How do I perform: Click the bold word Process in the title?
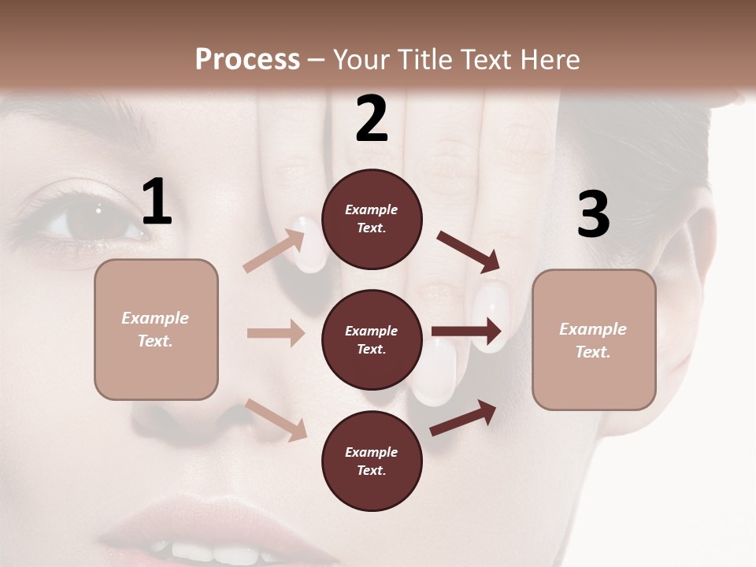[x=247, y=60]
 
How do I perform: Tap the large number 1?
[x=157, y=202]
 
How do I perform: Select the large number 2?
[x=372, y=119]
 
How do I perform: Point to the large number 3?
[x=593, y=215]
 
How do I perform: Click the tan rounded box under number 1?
[x=156, y=329]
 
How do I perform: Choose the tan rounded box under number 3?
[x=594, y=340]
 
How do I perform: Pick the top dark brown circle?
[x=372, y=219]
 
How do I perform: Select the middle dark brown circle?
[x=372, y=340]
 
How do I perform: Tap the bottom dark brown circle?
[x=372, y=461]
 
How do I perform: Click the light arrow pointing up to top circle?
[x=274, y=251]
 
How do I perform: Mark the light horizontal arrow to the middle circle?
[x=276, y=333]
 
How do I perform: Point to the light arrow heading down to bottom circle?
[x=276, y=420]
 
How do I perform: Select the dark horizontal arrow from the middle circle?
[x=466, y=332]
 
